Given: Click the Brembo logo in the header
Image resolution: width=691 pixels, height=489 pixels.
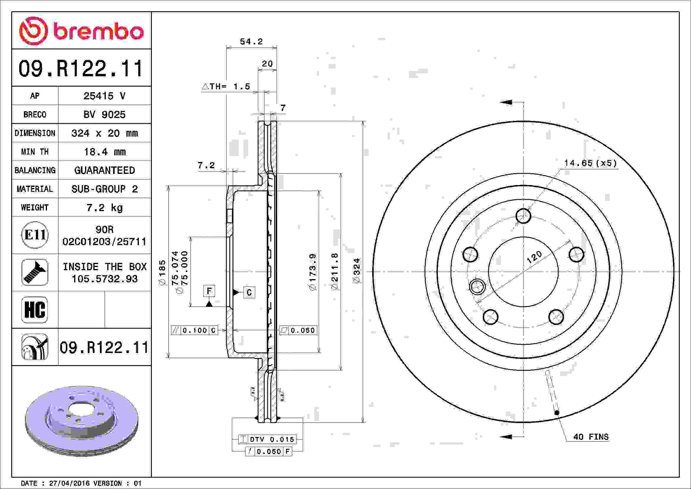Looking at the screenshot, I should point(81,31).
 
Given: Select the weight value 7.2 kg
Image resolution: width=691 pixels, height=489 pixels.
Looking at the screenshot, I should point(104,208).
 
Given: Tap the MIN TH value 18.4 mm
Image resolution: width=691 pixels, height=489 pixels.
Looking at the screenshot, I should point(104,152).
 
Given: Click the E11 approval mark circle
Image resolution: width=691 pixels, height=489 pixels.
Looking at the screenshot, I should point(35,235).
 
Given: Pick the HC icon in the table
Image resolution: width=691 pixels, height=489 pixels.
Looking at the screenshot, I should point(35,310).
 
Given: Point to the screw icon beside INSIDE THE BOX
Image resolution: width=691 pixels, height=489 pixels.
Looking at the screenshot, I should point(35,272).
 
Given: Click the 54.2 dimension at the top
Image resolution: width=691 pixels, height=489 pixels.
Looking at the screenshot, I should point(251,42).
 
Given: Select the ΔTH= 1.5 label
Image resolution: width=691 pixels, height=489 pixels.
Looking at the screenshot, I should point(226,87).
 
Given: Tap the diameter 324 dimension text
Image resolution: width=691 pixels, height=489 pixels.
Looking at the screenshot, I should point(356,271).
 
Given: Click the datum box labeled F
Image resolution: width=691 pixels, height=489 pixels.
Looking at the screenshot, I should point(209,291).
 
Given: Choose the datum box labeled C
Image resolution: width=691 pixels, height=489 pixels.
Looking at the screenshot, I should point(249,292).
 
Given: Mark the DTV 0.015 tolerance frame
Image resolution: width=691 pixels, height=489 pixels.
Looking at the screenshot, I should point(268,439).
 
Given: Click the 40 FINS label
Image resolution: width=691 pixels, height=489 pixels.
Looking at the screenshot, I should point(591,437).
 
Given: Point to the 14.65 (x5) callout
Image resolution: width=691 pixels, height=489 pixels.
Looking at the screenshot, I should point(590,163).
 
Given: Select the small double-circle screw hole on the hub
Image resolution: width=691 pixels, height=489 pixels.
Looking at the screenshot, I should point(477,286).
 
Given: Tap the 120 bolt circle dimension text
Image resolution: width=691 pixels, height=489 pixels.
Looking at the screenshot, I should point(534,257).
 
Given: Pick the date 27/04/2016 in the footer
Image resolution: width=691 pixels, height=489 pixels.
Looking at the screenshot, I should point(69,483).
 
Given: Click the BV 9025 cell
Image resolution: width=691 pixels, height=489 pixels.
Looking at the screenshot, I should point(104,114).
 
